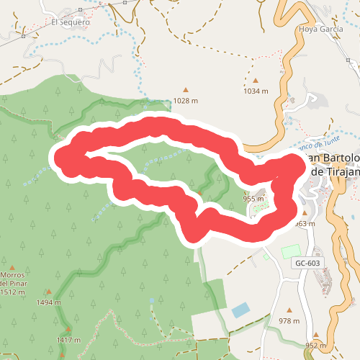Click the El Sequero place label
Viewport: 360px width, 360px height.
click(70, 22)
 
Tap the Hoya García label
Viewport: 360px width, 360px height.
click(319, 30)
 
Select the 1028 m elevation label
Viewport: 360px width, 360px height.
click(185, 101)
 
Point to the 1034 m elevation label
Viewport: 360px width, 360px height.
click(256, 91)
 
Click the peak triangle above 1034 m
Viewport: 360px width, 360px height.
click(255, 81)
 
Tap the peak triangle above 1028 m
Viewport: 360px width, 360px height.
click(185, 90)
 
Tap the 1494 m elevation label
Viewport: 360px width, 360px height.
click(48, 303)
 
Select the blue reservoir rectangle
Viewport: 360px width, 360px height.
click(241, 310)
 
